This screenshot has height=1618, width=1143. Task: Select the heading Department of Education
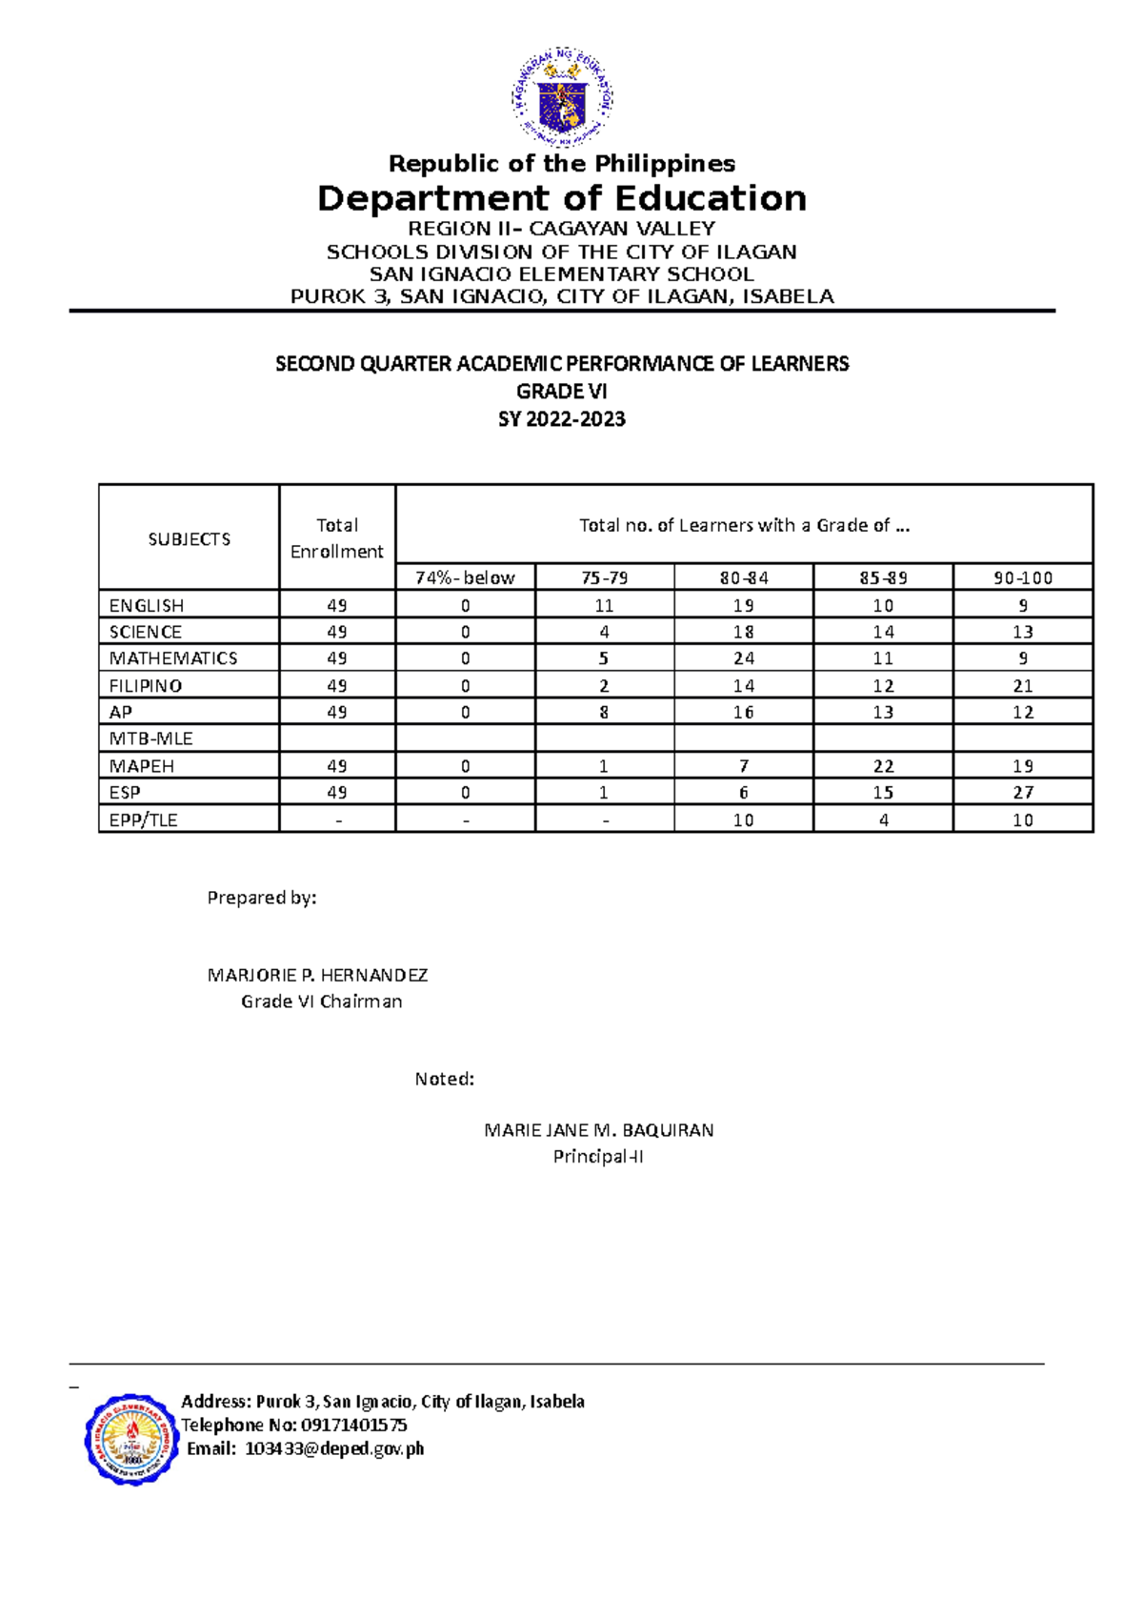(562, 198)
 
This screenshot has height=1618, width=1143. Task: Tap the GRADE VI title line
(561, 391)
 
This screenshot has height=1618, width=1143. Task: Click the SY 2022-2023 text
(561, 418)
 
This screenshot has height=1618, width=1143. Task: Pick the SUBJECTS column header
(189, 538)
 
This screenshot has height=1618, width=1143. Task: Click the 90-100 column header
(1022, 577)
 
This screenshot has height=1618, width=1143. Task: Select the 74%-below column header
(465, 577)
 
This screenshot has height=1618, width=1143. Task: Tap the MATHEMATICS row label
(173, 658)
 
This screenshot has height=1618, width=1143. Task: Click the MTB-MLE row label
(150, 738)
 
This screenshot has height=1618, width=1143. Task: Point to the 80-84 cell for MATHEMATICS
(743, 658)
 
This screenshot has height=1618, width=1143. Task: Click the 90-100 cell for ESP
(1022, 793)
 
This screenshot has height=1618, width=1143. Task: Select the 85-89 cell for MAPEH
(883, 766)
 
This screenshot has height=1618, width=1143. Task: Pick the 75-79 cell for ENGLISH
(604, 605)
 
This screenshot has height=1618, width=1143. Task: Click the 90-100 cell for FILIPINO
(1022, 685)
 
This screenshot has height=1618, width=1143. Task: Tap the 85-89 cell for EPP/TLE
(883, 819)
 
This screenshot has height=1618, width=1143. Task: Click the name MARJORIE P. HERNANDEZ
(317, 975)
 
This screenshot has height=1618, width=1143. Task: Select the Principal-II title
(598, 1157)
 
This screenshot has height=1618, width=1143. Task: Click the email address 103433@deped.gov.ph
(334, 1448)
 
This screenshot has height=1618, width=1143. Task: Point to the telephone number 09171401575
(353, 1425)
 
